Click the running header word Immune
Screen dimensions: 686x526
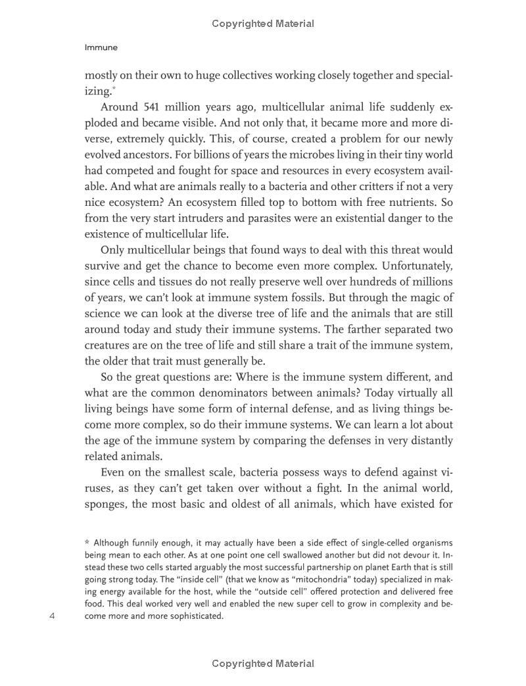tap(101, 48)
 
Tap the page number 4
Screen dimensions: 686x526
tap(53, 616)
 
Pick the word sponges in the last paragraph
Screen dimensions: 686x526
tap(106, 504)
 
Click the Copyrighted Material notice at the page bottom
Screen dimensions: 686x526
tap(263, 664)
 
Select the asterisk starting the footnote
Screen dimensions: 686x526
tap(87, 543)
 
